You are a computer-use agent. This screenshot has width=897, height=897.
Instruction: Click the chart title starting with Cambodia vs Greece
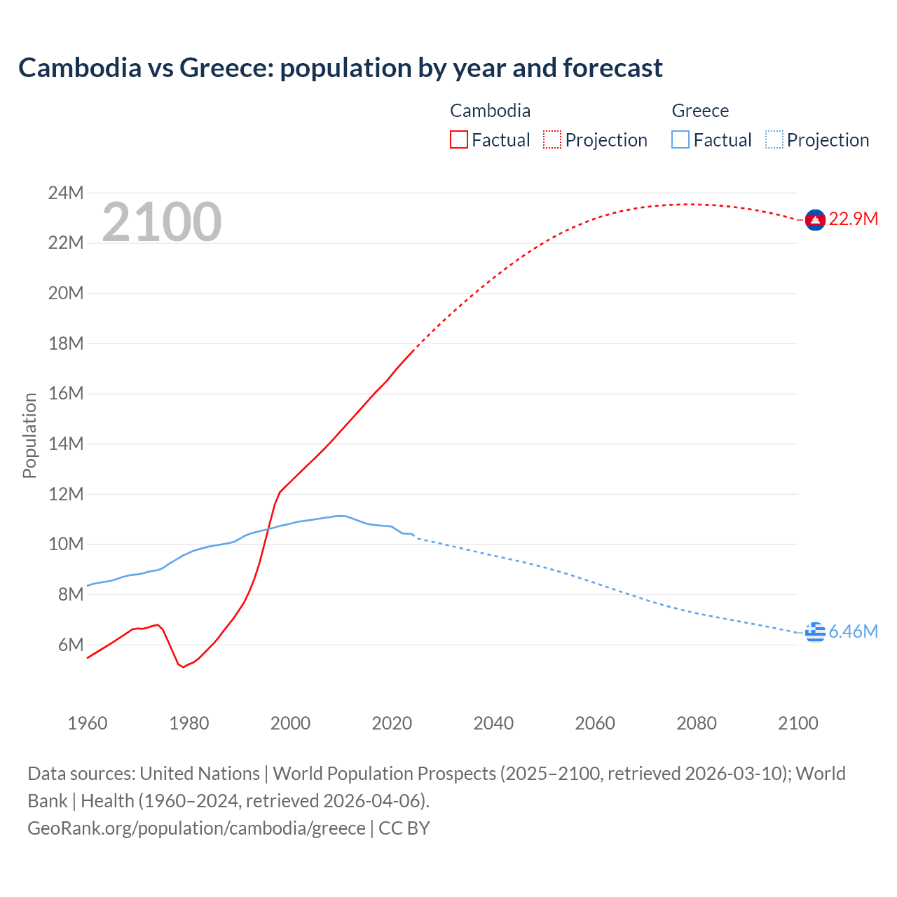[341, 68]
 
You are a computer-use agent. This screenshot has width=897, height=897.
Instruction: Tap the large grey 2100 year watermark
[162, 222]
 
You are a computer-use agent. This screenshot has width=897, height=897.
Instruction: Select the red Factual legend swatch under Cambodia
[458, 139]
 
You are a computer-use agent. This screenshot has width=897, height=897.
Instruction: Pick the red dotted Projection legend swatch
[552, 139]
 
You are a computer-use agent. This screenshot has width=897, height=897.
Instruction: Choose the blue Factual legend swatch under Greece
[680, 139]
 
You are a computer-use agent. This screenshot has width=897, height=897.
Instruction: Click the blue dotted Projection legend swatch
[774, 139]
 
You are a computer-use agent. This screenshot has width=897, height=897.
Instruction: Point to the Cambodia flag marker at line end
[814, 219]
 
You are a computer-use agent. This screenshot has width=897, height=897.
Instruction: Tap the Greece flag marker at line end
[814, 631]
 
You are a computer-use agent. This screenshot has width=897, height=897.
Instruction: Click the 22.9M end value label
[853, 219]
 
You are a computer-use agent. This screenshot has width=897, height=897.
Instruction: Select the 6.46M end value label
[853, 631]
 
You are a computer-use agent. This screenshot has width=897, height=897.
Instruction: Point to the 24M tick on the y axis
[66, 193]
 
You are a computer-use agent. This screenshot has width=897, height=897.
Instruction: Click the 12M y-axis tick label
[66, 494]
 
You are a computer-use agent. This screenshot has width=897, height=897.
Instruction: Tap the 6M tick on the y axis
[70, 645]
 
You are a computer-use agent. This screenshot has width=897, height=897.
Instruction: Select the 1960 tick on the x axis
[88, 723]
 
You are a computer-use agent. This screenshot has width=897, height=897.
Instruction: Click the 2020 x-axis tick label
[392, 723]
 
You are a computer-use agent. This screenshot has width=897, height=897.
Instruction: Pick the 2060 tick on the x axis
[595, 723]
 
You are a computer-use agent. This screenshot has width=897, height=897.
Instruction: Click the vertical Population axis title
[29, 435]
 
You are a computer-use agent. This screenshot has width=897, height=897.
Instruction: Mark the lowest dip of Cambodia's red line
[184, 666]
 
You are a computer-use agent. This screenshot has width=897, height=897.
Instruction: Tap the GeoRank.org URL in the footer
[196, 828]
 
